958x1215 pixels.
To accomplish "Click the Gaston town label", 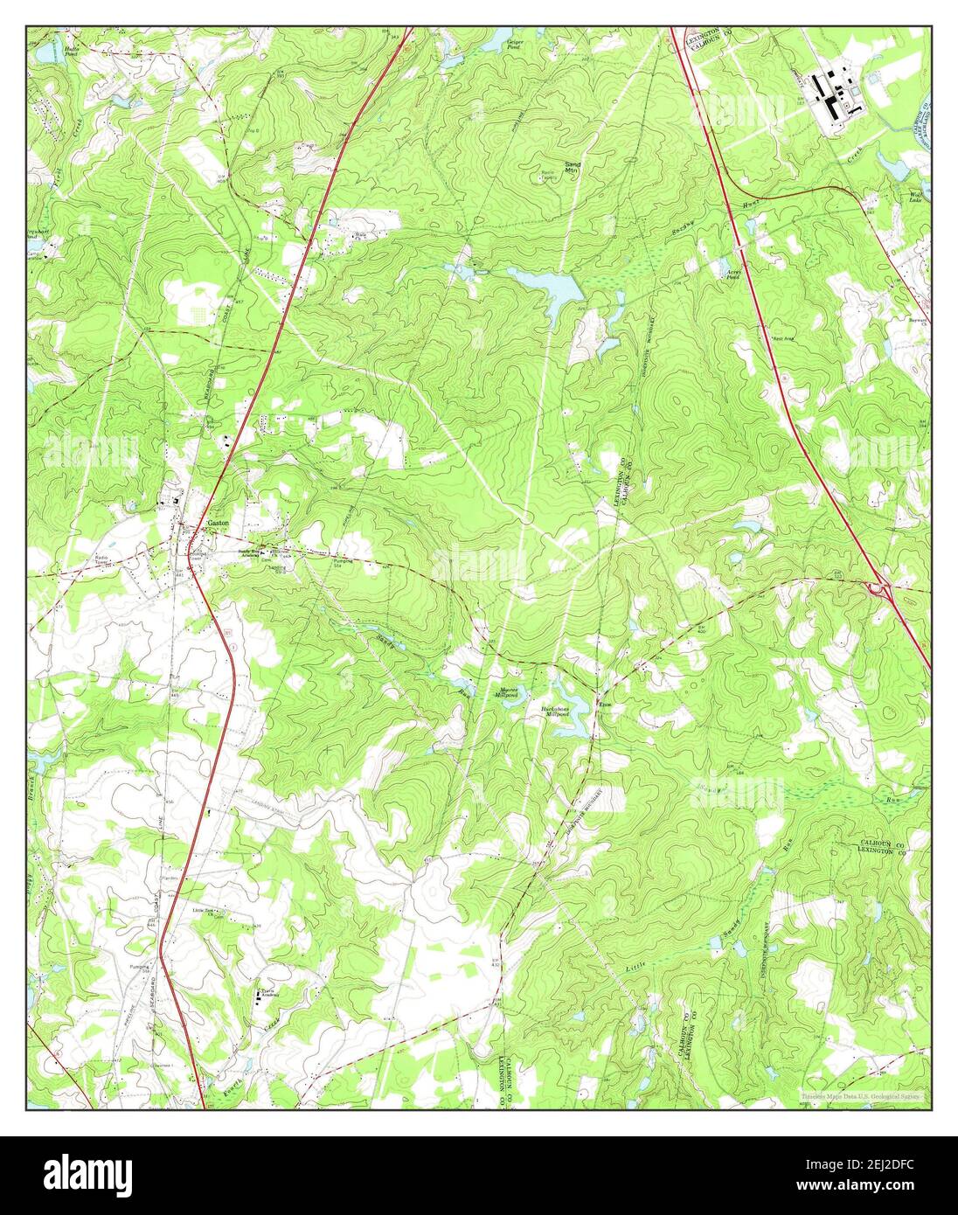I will coord(218,523).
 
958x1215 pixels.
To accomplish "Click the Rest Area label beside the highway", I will coord(781,338).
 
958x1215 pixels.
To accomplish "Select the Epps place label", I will coord(605,704).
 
